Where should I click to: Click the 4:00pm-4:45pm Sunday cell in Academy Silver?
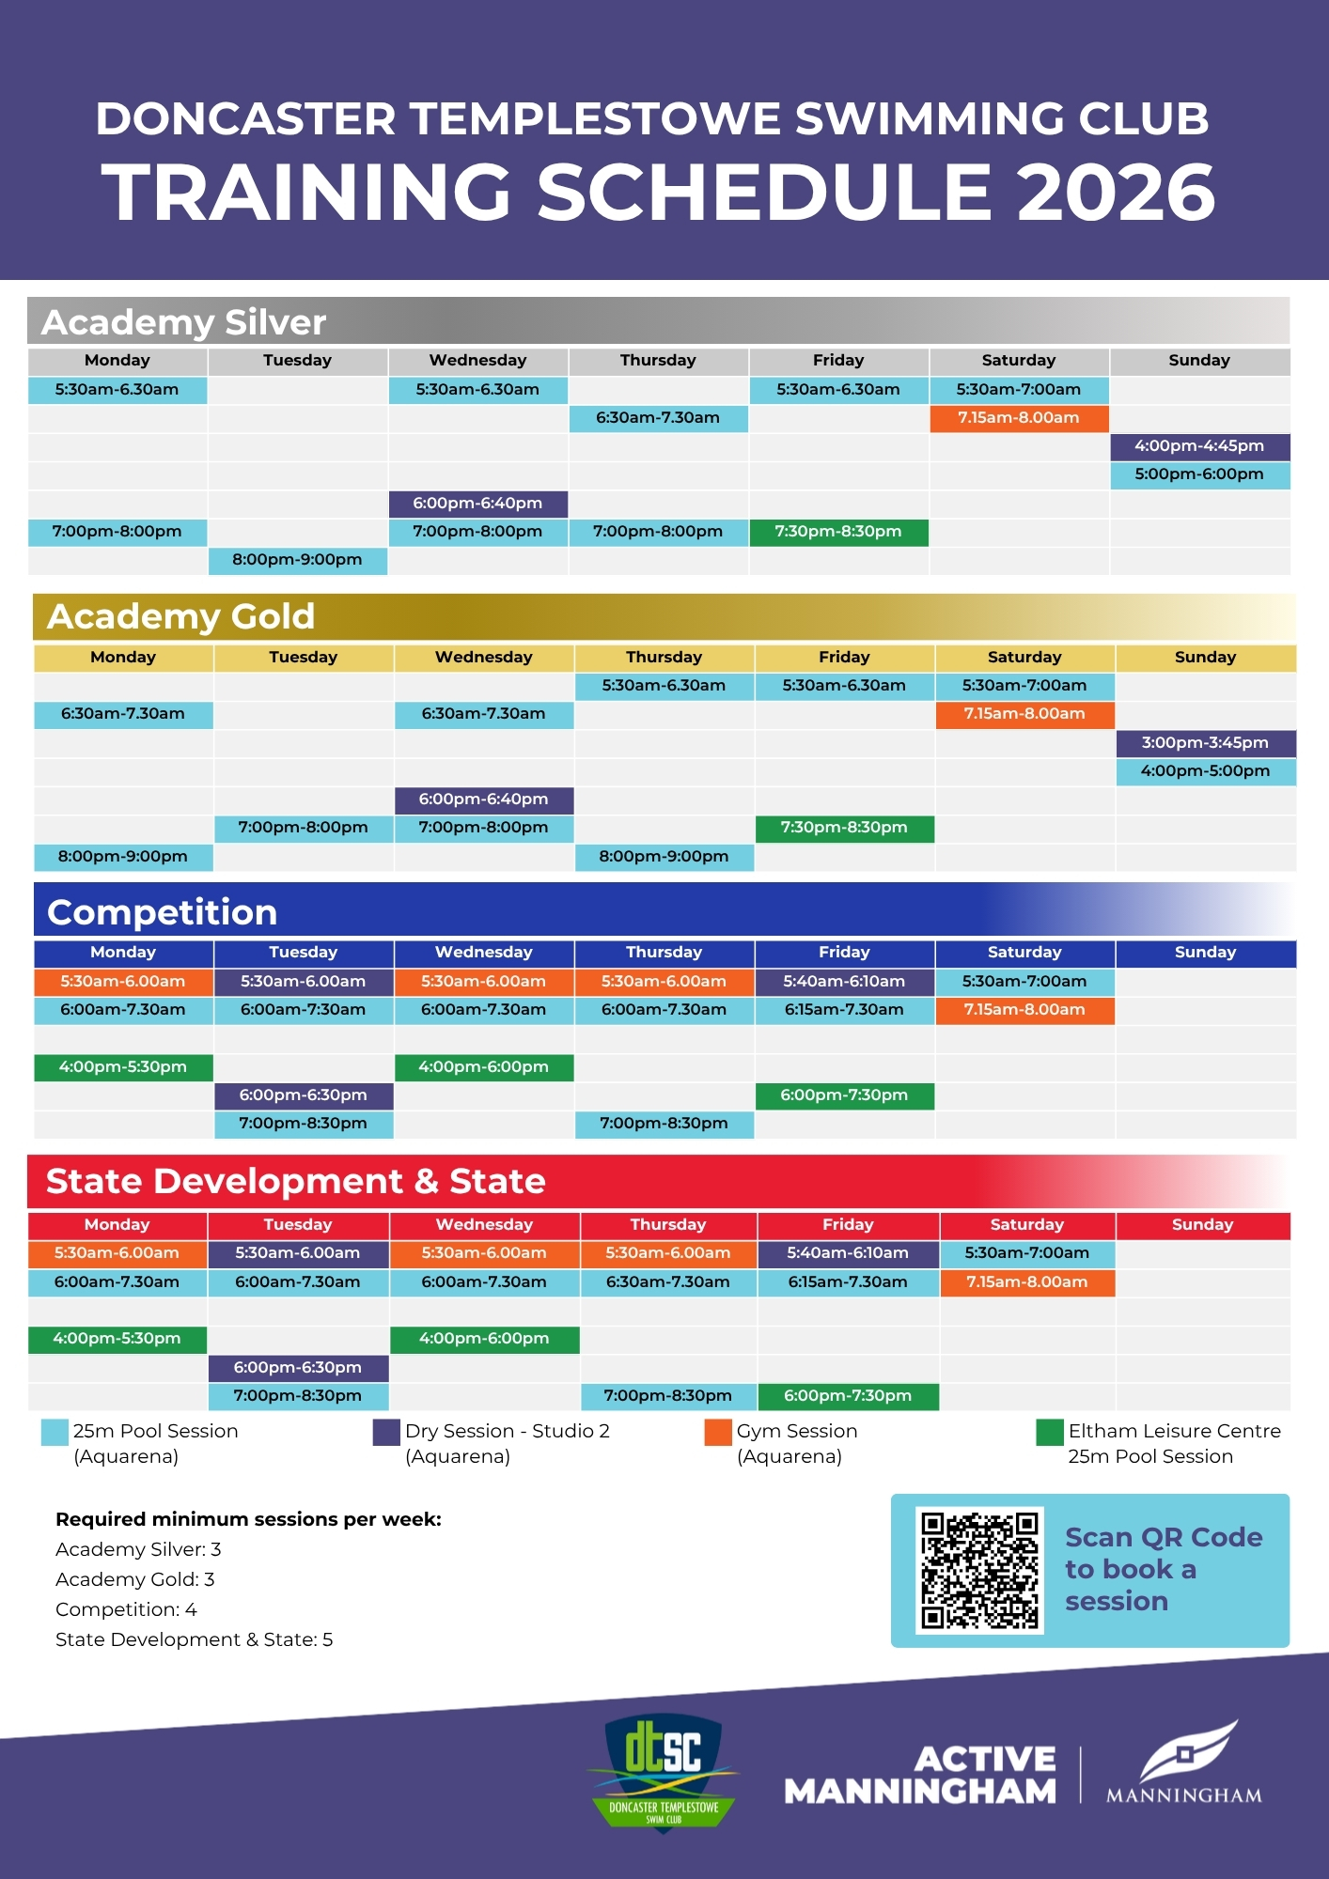[1199, 446]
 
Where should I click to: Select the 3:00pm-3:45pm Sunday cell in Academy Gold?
[1205, 743]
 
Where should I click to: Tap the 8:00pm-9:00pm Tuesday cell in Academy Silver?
[297, 560]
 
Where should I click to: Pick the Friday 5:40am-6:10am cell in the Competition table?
[844, 982]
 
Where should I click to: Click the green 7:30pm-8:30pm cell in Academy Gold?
[844, 828]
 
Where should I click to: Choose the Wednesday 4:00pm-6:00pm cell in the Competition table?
[483, 1067]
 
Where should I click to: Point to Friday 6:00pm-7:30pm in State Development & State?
[848, 1396]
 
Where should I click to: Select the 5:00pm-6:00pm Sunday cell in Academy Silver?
[1199, 474]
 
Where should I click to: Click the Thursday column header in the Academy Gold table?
[664, 658]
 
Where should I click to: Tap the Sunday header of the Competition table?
[1205, 953]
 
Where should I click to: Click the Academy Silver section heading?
[184, 322]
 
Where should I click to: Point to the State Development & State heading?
[295, 1181]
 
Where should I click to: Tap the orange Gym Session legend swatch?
[718, 1433]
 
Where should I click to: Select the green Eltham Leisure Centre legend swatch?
[1049, 1433]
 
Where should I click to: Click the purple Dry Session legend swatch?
[386, 1433]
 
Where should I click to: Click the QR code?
[979, 1570]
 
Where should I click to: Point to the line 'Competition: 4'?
[126, 1609]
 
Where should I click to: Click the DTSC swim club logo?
[664, 1772]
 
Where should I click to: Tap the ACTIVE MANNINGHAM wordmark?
[921, 1775]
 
